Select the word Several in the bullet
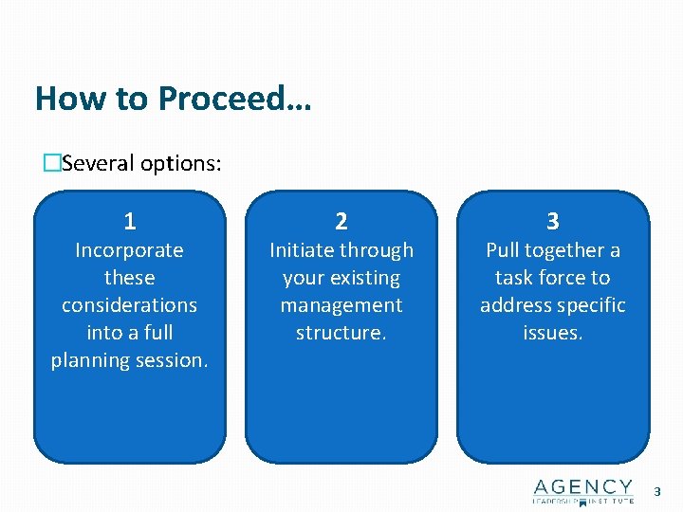(98, 163)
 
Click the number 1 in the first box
(130, 222)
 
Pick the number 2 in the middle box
(341, 222)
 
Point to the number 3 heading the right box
(553, 222)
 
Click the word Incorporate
(130, 250)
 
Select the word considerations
(130, 305)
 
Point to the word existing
(363, 278)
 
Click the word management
(341, 305)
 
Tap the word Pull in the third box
(503, 250)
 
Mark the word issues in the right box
(552, 333)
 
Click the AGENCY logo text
(582, 486)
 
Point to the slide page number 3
(658, 491)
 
